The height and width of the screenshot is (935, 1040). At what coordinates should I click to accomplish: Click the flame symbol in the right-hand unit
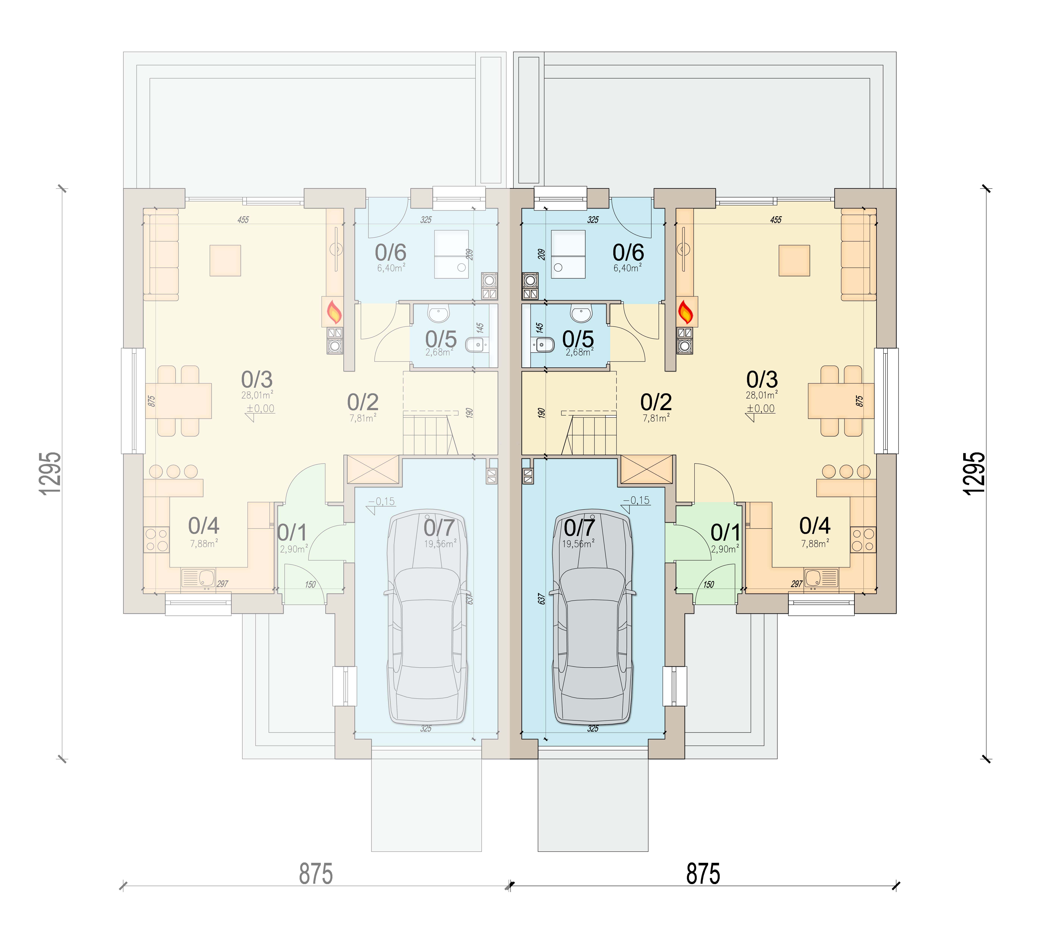685,312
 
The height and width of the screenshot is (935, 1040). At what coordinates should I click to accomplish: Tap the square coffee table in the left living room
225,260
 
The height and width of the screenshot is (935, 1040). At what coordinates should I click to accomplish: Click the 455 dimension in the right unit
775,220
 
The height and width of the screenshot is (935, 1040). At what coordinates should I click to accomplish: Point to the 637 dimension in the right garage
541,599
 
